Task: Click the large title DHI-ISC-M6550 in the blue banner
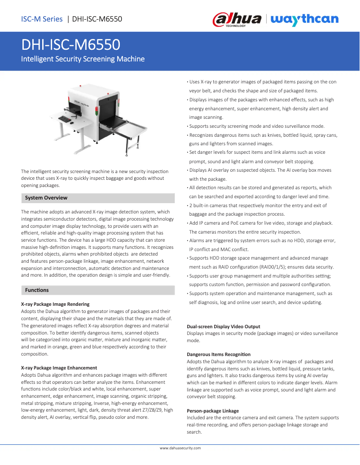tap(70, 45)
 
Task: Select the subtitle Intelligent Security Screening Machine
tap(83, 59)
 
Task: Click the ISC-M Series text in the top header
tap(42, 19)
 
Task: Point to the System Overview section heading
tap(46, 198)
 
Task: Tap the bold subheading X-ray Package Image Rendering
tap(55, 304)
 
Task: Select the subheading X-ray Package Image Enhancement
tap(59, 368)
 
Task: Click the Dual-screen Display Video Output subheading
tap(223, 326)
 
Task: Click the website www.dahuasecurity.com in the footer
tap(180, 448)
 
